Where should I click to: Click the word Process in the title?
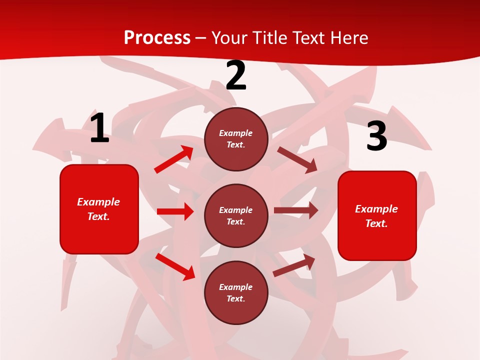pos(157,37)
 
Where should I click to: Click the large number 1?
pos(99,128)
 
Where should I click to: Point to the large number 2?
pos(236,76)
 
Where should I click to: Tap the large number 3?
pos(377,136)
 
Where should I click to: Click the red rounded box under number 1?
pos(99,209)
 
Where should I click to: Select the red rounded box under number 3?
pos(377,215)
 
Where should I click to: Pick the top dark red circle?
pos(236,139)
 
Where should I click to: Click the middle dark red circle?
pos(236,215)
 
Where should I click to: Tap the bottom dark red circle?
pos(236,292)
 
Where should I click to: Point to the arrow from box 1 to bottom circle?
pos(175,267)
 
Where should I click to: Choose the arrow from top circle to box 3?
pos(297,159)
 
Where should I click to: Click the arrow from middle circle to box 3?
pos(296,210)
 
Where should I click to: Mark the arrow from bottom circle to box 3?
pos(294,265)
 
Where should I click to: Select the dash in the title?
pos(201,38)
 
